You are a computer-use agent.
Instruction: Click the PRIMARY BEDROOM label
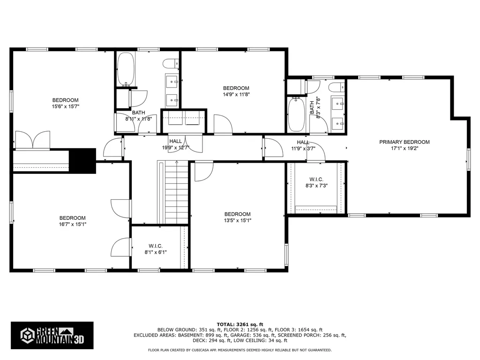coord(405,142)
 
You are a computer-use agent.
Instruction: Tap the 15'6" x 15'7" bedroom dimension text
coord(65,106)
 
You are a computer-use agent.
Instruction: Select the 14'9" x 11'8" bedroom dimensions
coord(236,95)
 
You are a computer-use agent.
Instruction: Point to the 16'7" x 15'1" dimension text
coord(73,225)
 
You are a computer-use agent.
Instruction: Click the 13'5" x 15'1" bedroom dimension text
coord(237,220)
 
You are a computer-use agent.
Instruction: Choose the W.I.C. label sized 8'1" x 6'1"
coord(156,246)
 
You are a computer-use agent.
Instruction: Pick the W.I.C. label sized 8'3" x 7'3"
coord(316,180)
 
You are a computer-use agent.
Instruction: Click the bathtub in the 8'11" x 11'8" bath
coord(126,69)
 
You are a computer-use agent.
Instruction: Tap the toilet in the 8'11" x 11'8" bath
coord(171,64)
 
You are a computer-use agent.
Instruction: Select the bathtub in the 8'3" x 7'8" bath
coord(296,114)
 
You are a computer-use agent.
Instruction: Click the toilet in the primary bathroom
coord(337,87)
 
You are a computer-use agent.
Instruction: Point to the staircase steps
coord(177,193)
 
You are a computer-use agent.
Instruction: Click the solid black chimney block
coord(82,161)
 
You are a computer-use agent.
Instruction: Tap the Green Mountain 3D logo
coord(52,336)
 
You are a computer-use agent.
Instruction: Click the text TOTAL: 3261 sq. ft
coord(240,324)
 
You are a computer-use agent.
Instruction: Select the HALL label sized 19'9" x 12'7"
coord(175,141)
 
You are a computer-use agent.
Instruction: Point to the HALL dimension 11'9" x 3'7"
coord(303,149)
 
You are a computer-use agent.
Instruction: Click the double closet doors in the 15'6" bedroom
coord(33,140)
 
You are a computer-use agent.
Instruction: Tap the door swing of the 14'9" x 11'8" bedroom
coord(223,124)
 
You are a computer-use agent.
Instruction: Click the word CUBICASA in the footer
coord(201,350)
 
